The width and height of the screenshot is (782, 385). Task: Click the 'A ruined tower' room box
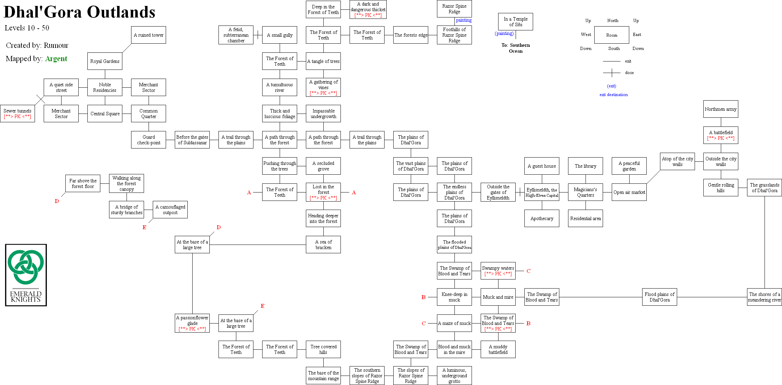point(148,35)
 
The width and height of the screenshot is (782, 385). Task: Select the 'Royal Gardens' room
point(105,61)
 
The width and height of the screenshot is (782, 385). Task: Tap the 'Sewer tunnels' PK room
point(17,114)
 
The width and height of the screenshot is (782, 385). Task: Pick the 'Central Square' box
point(105,114)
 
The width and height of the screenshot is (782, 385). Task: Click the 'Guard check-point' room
point(148,140)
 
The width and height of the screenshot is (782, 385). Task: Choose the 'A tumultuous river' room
point(279,87)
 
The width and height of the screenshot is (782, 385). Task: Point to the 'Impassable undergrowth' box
point(323,114)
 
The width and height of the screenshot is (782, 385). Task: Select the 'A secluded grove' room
point(323,166)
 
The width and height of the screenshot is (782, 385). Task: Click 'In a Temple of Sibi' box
point(515,22)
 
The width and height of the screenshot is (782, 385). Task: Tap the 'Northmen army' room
point(720,109)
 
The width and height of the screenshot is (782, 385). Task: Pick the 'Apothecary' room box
point(541,218)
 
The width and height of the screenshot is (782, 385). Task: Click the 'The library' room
point(585,166)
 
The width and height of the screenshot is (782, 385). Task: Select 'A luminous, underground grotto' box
point(454,376)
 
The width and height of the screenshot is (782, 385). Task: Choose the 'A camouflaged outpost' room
point(170,210)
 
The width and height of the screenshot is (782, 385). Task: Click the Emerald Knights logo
point(26,275)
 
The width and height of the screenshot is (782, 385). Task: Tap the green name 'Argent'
point(56,59)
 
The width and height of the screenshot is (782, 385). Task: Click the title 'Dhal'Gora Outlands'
point(79,12)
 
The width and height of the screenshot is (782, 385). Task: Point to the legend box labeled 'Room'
point(611,35)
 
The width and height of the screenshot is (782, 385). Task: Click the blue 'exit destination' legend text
point(614,95)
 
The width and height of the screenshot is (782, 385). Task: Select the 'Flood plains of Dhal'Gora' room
point(659,297)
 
